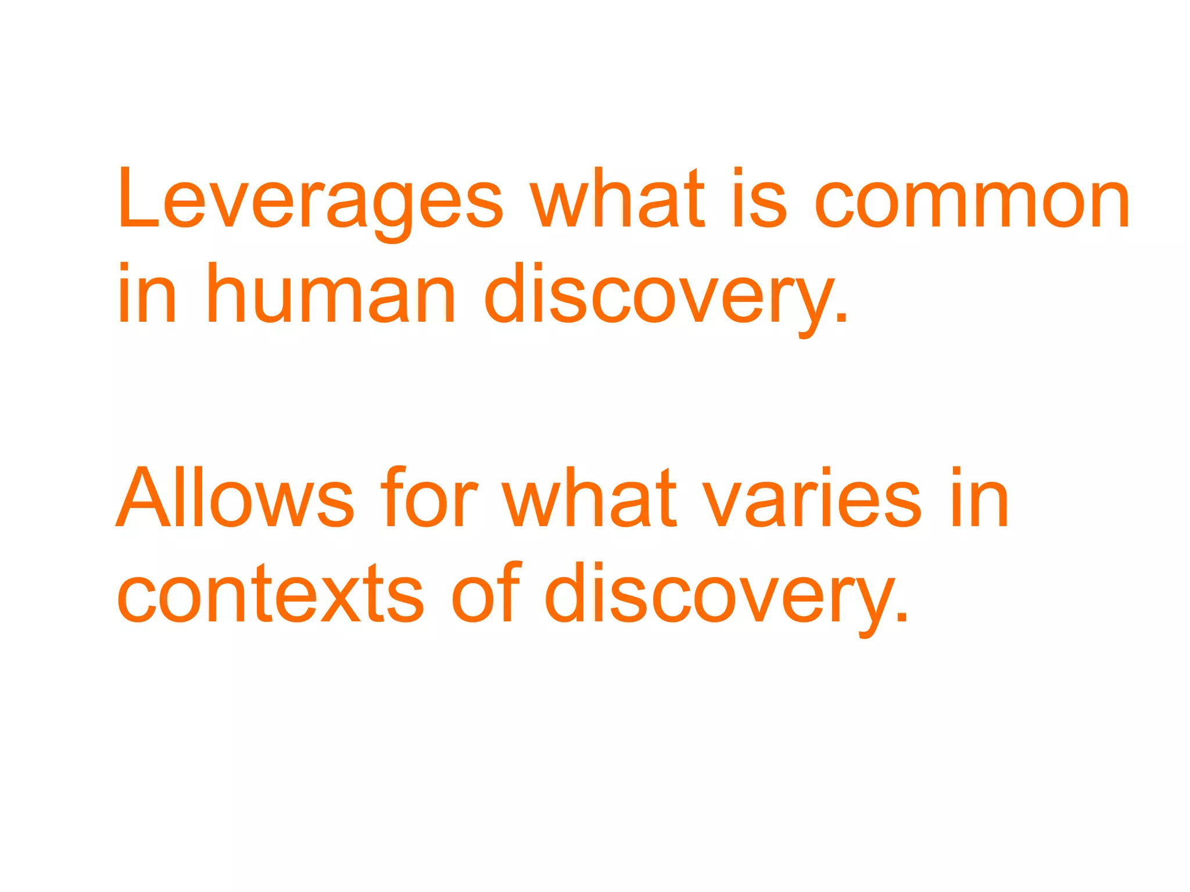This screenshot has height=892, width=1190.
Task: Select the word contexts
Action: (271, 595)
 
